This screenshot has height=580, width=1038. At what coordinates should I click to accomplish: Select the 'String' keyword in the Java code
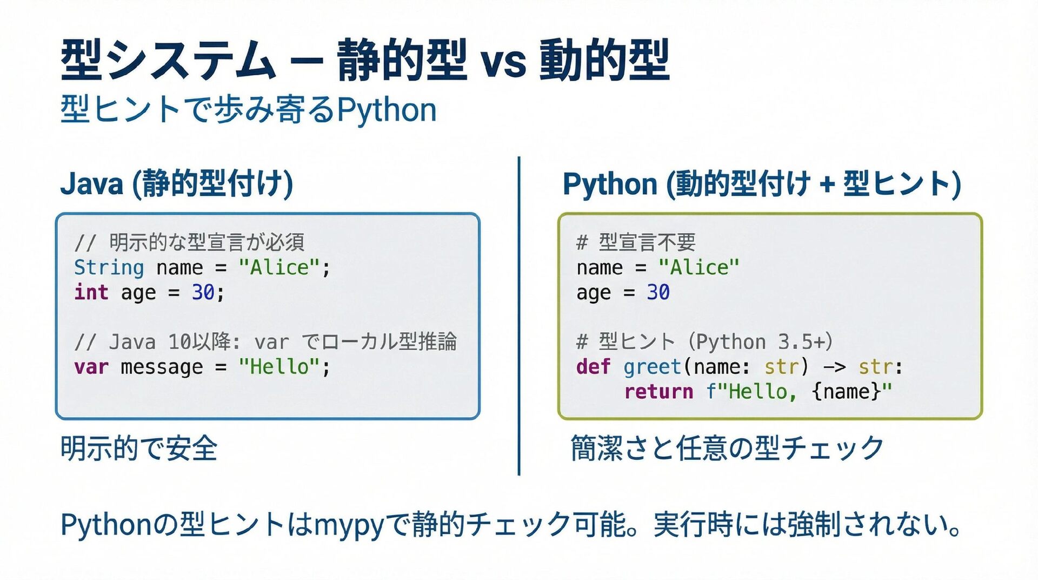[x=109, y=267]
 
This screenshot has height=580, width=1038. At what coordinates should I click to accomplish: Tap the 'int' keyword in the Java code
[x=91, y=292]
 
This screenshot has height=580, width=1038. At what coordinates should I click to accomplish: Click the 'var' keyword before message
[x=91, y=367]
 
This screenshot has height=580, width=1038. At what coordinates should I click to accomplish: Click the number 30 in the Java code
[x=203, y=292]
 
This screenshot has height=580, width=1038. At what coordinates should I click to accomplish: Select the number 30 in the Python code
[x=658, y=292]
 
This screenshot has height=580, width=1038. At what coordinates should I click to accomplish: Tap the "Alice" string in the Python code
[x=698, y=267]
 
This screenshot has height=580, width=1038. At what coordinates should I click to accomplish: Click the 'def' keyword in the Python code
[x=593, y=367]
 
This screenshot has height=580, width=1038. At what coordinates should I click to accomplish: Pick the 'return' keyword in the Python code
[x=658, y=392]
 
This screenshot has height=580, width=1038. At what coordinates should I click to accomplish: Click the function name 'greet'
[x=651, y=367]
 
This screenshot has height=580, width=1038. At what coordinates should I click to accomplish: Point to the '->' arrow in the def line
[x=834, y=367]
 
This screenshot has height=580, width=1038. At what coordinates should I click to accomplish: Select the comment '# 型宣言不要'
[x=636, y=242]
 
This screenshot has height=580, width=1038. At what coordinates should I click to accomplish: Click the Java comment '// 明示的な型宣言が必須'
[x=189, y=242]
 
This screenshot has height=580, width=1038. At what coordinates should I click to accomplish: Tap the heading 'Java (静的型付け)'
[x=176, y=183]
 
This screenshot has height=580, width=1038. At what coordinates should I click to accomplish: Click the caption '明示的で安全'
[x=139, y=449]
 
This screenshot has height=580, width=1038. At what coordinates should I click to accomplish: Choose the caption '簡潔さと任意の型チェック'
[x=727, y=449]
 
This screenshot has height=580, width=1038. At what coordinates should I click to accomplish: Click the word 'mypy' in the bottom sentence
[x=348, y=524]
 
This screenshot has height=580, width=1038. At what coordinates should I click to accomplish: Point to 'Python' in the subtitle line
[x=387, y=110]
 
